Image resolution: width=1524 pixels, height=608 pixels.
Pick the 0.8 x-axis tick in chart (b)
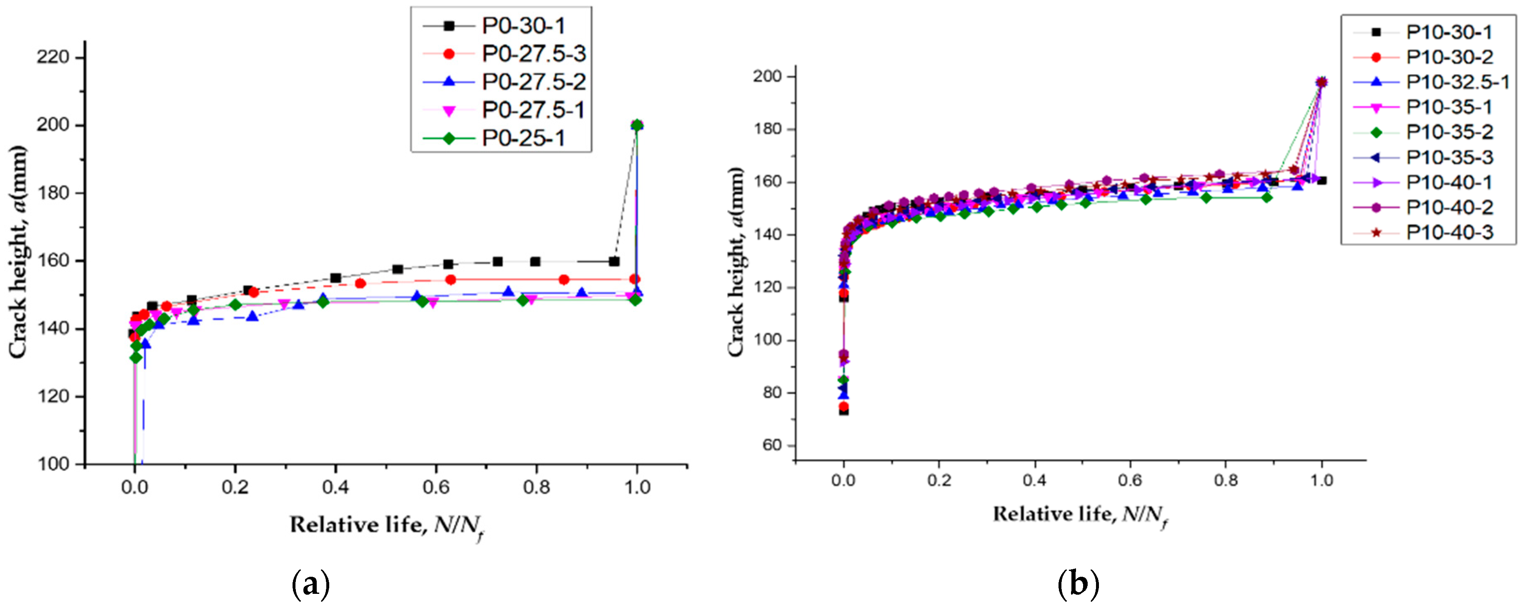[1226, 480]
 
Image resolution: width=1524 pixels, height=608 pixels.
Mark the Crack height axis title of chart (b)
[736, 262]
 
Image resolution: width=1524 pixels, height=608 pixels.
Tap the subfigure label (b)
[1078, 584]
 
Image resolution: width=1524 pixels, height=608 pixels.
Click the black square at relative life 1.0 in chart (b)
[1321, 180]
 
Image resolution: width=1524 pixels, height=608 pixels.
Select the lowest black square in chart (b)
[843, 411]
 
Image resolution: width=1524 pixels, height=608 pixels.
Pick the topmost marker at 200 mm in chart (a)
[637, 125]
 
